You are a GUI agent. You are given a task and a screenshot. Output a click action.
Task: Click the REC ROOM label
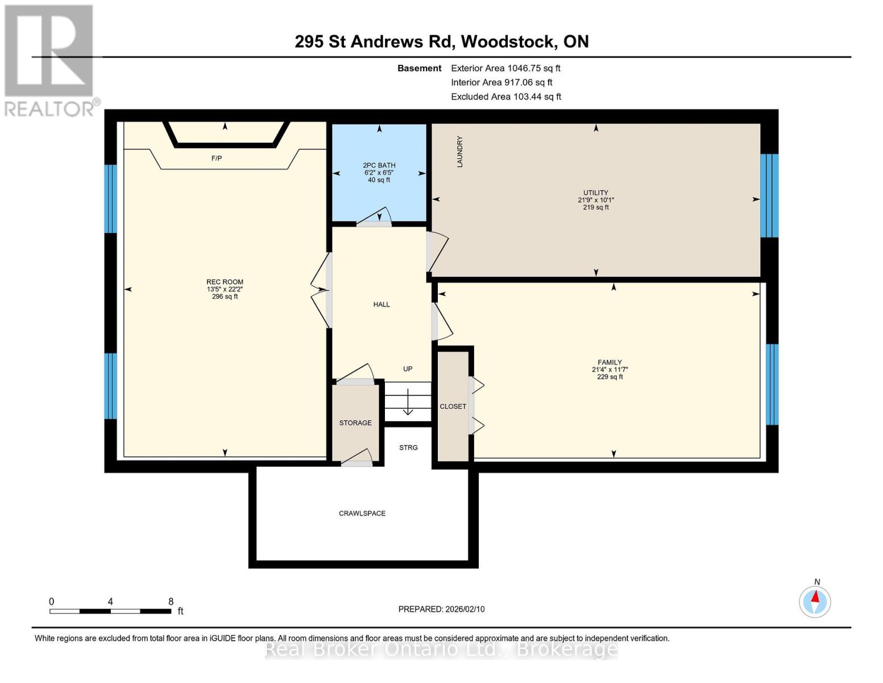click(x=225, y=282)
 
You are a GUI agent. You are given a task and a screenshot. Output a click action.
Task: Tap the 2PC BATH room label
click(x=379, y=166)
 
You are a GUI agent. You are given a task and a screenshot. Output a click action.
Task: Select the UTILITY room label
click(x=595, y=193)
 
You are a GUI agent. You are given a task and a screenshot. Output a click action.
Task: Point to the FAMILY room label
click(x=610, y=363)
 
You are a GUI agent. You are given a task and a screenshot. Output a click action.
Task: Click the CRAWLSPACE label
click(x=362, y=513)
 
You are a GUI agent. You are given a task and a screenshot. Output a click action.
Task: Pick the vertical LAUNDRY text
click(x=460, y=151)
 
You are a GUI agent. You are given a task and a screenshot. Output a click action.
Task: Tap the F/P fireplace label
click(x=217, y=158)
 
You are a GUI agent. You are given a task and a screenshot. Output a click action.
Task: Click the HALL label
click(x=382, y=305)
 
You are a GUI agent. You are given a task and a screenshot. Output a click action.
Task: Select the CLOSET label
click(x=453, y=406)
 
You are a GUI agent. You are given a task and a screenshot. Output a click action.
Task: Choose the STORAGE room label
click(x=355, y=423)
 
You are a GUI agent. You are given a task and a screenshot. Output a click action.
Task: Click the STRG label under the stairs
click(x=408, y=448)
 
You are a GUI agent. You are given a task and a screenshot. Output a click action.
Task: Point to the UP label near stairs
click(x=408, y=369)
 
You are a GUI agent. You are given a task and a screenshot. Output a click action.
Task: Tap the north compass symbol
click(x=815, y=601)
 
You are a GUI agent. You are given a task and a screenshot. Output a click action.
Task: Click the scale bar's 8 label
click(x=171, y=602)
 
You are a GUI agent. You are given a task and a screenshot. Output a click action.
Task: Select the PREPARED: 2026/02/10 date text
click(x=441, y=609)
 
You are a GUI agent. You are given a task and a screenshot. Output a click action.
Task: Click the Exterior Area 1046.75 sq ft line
click(x=505, y=68)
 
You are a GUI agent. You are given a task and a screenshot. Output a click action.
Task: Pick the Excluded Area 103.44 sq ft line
click(x=506, y=97)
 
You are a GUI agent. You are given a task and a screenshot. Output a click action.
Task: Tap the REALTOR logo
click(x=50, y=60)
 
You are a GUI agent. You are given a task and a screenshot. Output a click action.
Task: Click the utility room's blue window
click(x=769, y=195)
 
